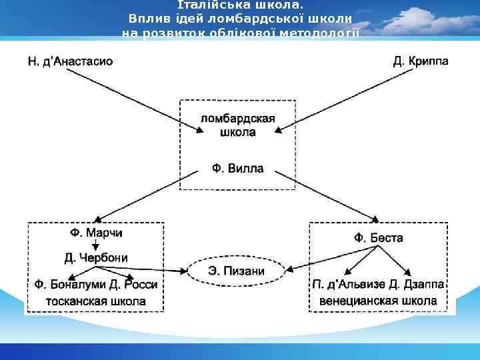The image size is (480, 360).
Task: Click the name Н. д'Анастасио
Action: click(x=70, y=61)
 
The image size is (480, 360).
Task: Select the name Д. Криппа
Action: click(x=420, y=61)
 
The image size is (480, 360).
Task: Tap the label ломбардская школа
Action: click(x=237, y=125)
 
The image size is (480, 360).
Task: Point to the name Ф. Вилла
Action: click(x=237, y=169)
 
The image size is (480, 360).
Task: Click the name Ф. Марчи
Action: click(x=96, y=233)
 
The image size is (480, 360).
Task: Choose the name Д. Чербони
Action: click(x=96, y=257)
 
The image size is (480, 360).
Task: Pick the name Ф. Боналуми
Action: click(x=67, y=285)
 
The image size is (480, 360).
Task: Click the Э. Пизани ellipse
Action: click(x=237, y=271)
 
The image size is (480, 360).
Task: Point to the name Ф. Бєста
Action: click(x=378, y=237)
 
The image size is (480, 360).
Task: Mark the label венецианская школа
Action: click(x=378, y=301)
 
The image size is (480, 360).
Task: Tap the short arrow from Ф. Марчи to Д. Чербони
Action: click(x=96, y=245)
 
